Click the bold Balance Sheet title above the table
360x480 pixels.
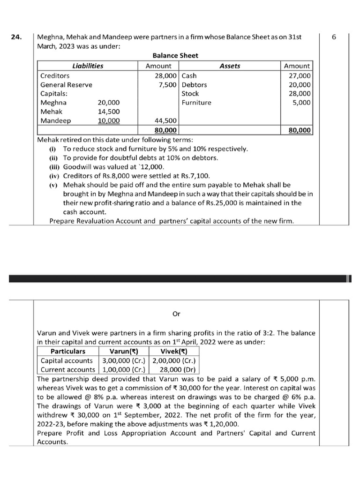(175, 56)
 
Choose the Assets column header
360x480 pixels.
(230, 66)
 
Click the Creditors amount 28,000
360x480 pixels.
(165, 75)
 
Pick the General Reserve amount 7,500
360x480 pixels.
(167, 85)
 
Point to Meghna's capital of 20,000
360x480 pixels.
(108, 103)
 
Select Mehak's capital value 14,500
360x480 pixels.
(108, 112)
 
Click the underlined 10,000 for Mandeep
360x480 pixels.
(108, 121)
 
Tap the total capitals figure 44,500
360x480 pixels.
(165, 121)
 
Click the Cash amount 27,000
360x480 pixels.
(299, 75)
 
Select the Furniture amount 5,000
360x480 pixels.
(300, 103)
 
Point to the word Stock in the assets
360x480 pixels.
(190, 94)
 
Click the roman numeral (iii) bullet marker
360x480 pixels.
(54, 167)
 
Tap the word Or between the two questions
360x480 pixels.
(176, 314)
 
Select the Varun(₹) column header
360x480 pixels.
(123, 352)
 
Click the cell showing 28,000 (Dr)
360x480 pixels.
(174, 370)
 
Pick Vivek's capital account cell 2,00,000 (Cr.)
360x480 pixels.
(174, 361)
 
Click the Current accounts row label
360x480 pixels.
(67, 370)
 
